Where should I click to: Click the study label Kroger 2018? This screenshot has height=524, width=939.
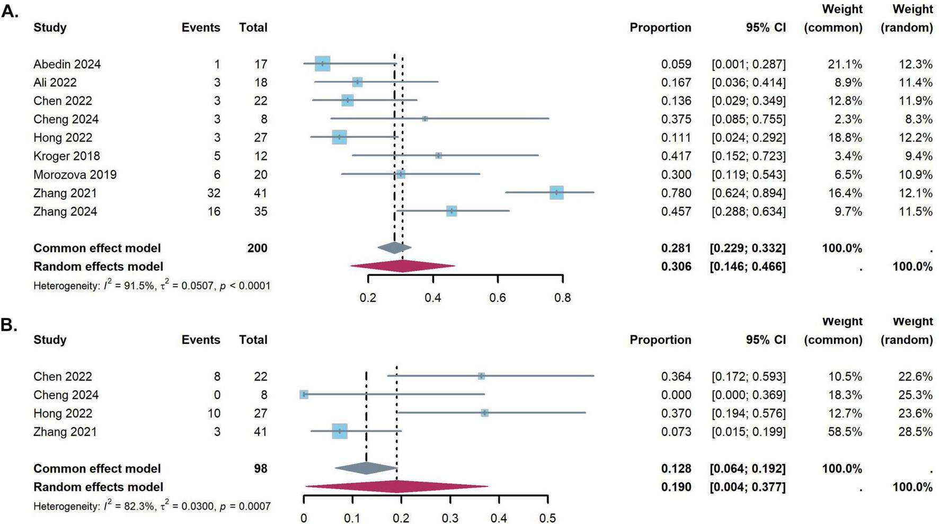click(66, 156)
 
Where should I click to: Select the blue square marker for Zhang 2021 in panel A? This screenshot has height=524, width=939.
click(556, 193)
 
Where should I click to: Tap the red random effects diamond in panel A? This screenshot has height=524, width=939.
click(402, 267)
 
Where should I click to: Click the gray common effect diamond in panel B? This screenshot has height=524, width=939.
click(366, 468)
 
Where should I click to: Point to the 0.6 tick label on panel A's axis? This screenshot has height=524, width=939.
click(497, 298)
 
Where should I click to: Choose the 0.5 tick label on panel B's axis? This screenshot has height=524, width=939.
click(547, 518)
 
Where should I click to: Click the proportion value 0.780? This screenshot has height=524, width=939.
click(676, 193)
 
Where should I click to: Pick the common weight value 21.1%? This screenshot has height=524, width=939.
click(845, 64)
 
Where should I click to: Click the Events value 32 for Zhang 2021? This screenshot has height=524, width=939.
click(214, 193)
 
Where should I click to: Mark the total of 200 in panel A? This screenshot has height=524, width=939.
click(257, 248)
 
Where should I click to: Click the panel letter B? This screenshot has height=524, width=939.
click(9, 325)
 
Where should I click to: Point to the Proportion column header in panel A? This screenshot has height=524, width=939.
click(660, 28)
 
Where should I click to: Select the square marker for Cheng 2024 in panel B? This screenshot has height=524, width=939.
click(304, 395)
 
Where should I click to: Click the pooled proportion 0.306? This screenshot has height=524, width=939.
click(676, 267)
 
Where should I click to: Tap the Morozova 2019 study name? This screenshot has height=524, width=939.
click(75, 174)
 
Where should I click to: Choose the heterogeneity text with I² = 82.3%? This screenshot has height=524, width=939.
click(152, 506)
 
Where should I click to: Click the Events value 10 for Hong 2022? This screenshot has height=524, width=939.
click(214, 413)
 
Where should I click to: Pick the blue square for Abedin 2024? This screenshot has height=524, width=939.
click(322, 64)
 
